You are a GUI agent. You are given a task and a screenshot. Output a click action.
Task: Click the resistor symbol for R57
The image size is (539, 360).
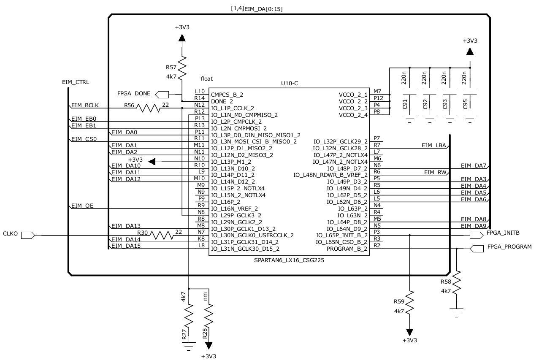click(x=181, y=69)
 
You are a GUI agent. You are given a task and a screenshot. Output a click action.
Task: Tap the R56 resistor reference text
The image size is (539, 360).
click(x=130, y=105)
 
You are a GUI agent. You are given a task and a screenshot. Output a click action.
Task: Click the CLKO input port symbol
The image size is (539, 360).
click(x=27, y=235)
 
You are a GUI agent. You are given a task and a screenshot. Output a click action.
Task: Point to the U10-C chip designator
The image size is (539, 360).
click(x=290, y=84)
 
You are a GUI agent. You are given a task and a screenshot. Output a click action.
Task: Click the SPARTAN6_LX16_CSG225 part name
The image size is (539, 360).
click(x=289, y=260)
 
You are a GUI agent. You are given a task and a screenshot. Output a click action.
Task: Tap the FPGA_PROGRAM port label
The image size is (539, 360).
click(x=509, y=246)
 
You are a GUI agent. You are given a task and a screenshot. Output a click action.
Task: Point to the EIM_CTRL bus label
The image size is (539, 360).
click(x=76, y=82)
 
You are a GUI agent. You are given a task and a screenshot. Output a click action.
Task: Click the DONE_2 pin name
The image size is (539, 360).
click(x=222, y=102)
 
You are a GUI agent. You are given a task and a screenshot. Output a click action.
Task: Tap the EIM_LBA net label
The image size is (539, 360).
click(x=433, y=145)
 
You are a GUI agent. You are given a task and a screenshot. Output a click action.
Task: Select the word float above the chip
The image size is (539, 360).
click(x=207, y=78)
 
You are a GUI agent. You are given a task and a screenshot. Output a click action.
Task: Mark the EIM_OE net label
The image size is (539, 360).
click(x=82, y=206)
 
